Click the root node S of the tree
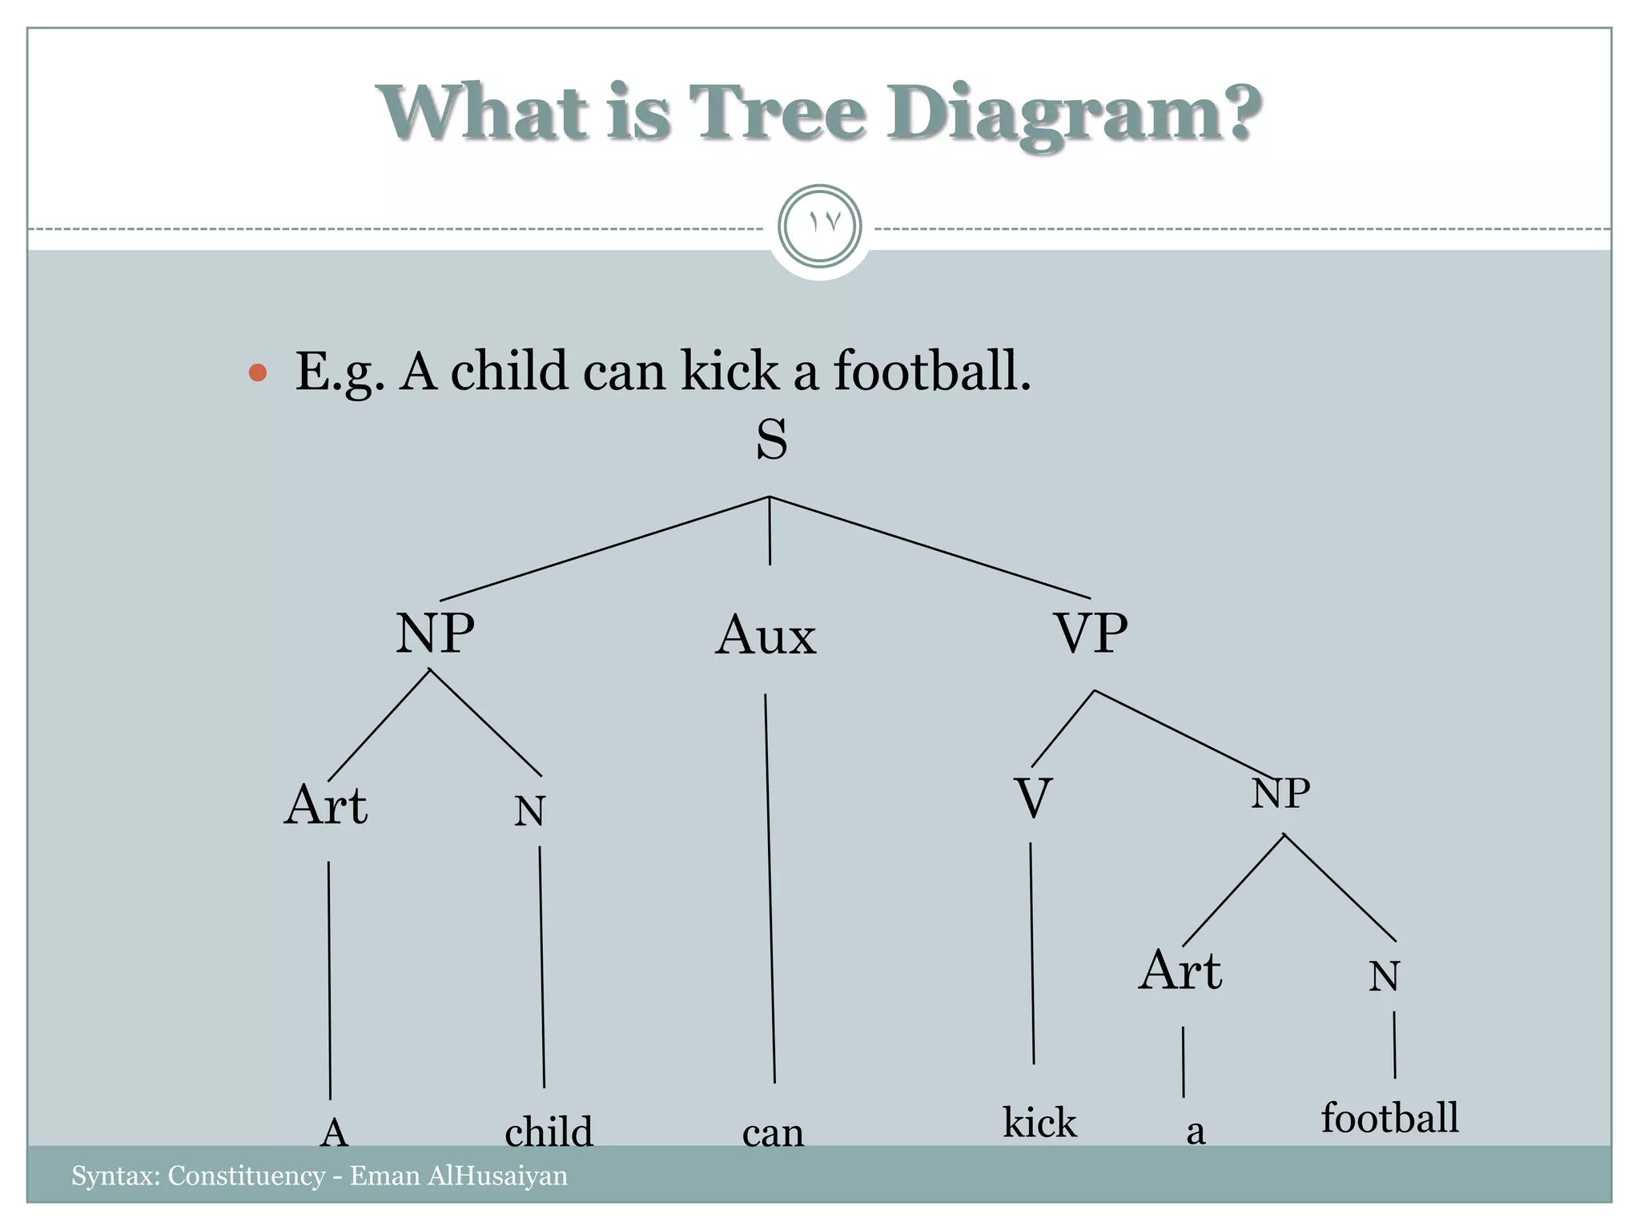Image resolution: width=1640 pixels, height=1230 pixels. (x=771, y=440)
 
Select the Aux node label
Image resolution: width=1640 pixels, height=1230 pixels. (x=766, y=637)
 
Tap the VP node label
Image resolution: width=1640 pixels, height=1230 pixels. (x=1091, y=633)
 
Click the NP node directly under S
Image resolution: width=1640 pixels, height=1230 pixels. (x=435, y=633)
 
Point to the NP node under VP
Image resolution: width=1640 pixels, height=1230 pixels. (x=1280, y=794)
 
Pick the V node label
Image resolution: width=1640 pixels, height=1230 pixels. (x=1032, y=799)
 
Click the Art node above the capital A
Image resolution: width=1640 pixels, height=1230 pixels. (x=326, y=806)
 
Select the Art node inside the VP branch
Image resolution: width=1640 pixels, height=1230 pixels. (x=1180, y=971)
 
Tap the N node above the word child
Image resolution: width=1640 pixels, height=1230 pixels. (x=529, y=812)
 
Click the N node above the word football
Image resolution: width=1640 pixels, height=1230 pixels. (x=1384, y=977)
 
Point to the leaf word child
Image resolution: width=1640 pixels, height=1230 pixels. (x=549, y=1132)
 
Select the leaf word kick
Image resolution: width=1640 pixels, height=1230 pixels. (x=1039, y=1123)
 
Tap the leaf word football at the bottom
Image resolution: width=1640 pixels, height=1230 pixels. (x=1389, y=1118)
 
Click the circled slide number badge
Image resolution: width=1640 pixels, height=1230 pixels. (x=819, y=226)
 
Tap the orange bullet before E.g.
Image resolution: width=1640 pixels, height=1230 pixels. (x=257, y=372)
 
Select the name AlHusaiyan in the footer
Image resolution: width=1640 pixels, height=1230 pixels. (x=497, y=1176)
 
